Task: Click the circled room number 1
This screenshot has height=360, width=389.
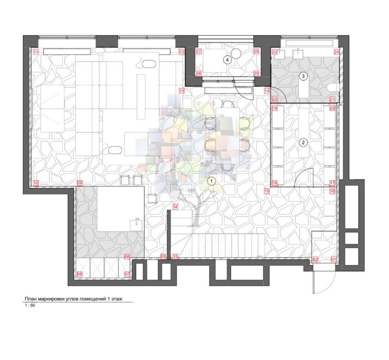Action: [210, 181]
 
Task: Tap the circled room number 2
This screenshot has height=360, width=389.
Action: [304, 142]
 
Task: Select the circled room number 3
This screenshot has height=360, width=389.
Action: [304, 76]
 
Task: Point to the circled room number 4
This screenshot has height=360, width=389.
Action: [227, 60]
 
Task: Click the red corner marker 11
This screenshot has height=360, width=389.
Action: [36, 52]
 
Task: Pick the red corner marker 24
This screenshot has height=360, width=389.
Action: [337, 52]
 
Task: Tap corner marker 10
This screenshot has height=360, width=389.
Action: [36, 183]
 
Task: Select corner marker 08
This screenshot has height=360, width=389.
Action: [79, 274]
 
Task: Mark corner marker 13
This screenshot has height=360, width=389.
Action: [182, 91]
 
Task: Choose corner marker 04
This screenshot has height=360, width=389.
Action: [175, 207]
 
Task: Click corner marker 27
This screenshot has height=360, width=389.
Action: [199, 52]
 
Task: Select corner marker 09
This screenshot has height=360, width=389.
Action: [79, 183]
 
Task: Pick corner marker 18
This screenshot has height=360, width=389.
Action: [275, 183]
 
